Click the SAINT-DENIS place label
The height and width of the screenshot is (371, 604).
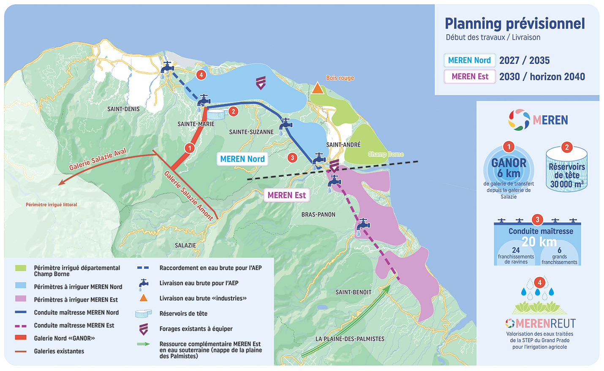[123, 109]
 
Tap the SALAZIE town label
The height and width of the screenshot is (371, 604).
[185, 246]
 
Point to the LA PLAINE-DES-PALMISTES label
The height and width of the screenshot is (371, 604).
[350, 339]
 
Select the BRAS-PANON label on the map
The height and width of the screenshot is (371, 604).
[318, 215]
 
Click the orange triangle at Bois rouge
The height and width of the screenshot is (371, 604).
[318, 88]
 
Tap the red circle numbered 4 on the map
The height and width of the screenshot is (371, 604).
[201, 75]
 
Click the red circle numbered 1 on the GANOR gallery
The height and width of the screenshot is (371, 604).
[190, 148]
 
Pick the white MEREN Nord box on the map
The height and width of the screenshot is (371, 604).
[242, 159]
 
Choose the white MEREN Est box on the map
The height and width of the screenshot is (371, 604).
[287, 195]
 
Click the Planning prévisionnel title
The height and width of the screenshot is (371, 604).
[515, 24]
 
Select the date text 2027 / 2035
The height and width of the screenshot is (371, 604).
[524, 60]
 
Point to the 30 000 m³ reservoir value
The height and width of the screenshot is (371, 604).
[567, 184]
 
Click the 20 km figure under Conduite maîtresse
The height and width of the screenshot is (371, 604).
[539, 242]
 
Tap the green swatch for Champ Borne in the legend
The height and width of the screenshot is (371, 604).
[21, 268]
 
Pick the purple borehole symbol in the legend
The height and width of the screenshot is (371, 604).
[144, 329]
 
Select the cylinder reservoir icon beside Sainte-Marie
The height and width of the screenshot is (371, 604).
[216, 114]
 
